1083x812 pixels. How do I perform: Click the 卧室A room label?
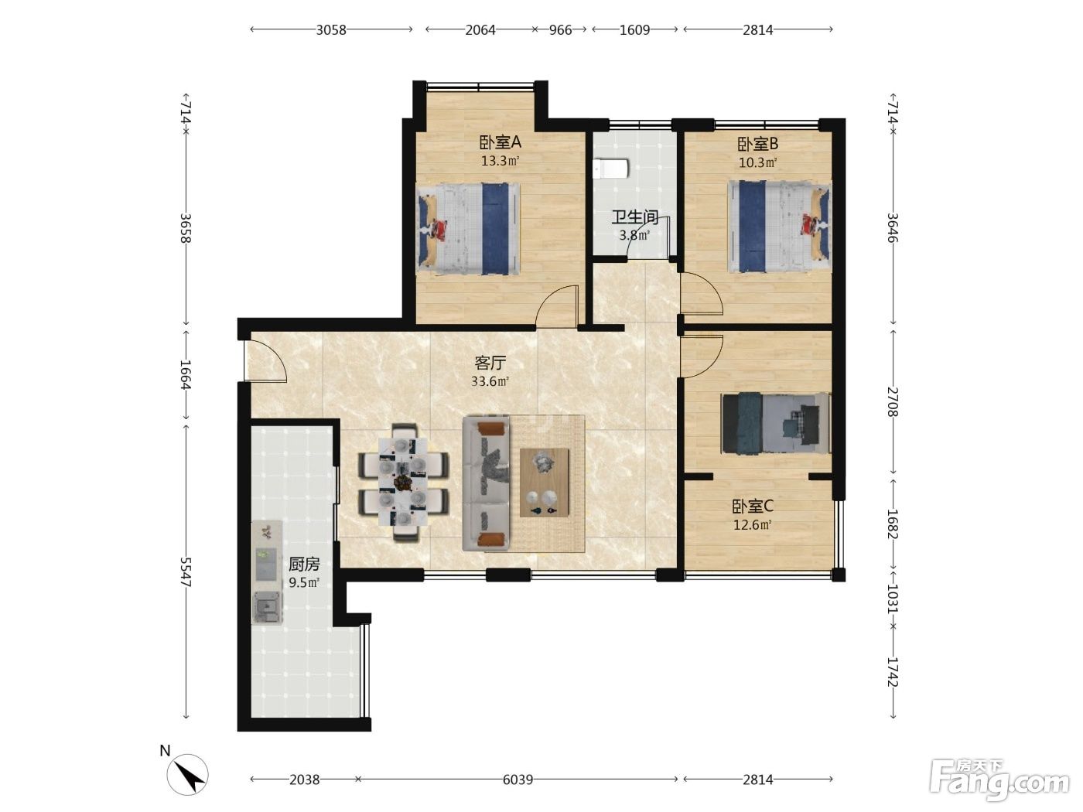pyautogui.click(x=500, y=142)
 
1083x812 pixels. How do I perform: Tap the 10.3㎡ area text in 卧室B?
pyautogui.click(x=757, y=162)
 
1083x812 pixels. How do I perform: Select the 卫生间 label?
pyautogui.click(x=635, y=217)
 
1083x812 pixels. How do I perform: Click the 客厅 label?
pyautogui.click(x=490, y=363)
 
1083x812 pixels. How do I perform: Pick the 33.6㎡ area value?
pyautogui.click(x=490, y=381)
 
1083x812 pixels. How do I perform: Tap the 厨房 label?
pyautogui.click(x=304, y=564)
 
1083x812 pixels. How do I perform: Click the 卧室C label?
pyautogui.click(x=753, y=506)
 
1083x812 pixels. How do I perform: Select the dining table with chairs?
pyautogui.click(x=404, y=482)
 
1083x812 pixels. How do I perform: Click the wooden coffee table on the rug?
pyautogui.click(x=545, y=483)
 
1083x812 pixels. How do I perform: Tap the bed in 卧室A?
pyautogui.click(x=469, y=229)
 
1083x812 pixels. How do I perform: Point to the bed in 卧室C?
pyautogui.click(x=776, y=422)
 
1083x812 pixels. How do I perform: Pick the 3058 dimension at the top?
pyautogui.click(x=331, y=30)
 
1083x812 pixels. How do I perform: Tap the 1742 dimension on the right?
pyautogui.click(x=893, y=672)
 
